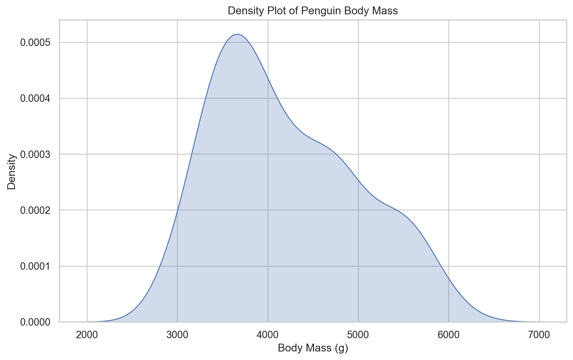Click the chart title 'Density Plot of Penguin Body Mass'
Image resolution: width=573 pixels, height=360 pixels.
pos(313,11)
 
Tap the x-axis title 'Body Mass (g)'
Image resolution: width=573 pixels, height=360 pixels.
pos(313,348)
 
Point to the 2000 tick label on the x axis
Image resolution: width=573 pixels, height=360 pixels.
pos(87,334)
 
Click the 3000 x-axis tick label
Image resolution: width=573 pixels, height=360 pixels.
pos(177,334)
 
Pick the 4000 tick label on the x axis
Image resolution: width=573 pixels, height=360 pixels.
pos(268,334)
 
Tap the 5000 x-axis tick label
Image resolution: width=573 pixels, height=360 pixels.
pos(358,334)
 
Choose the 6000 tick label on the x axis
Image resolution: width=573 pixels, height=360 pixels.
pos(449,334)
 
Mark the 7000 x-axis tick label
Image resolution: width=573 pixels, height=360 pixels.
pos(539,334)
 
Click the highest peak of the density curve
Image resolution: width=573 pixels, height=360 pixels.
pos(237,34)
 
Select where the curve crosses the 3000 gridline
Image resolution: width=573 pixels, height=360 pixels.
pos(177,210)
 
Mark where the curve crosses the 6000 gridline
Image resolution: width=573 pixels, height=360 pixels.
pos(449,278)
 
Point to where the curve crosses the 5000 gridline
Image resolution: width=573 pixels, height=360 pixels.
pos(358,181)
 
